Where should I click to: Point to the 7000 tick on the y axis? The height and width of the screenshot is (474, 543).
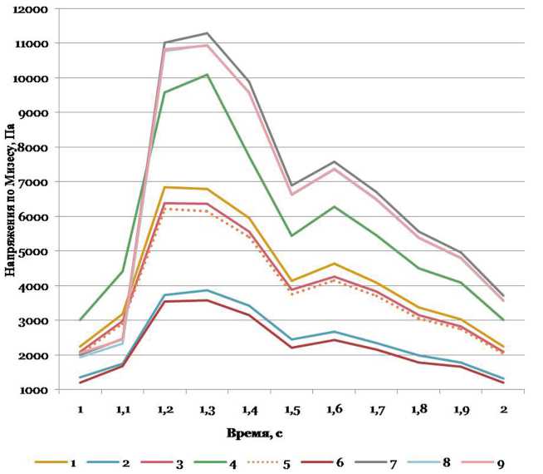click(x=37, y=181)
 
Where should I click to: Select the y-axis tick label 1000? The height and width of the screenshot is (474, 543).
click(x=37, y=390)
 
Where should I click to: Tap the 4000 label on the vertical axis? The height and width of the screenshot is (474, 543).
click(x=37, y=285)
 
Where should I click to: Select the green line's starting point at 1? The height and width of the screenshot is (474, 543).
click(x=81, y=320)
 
